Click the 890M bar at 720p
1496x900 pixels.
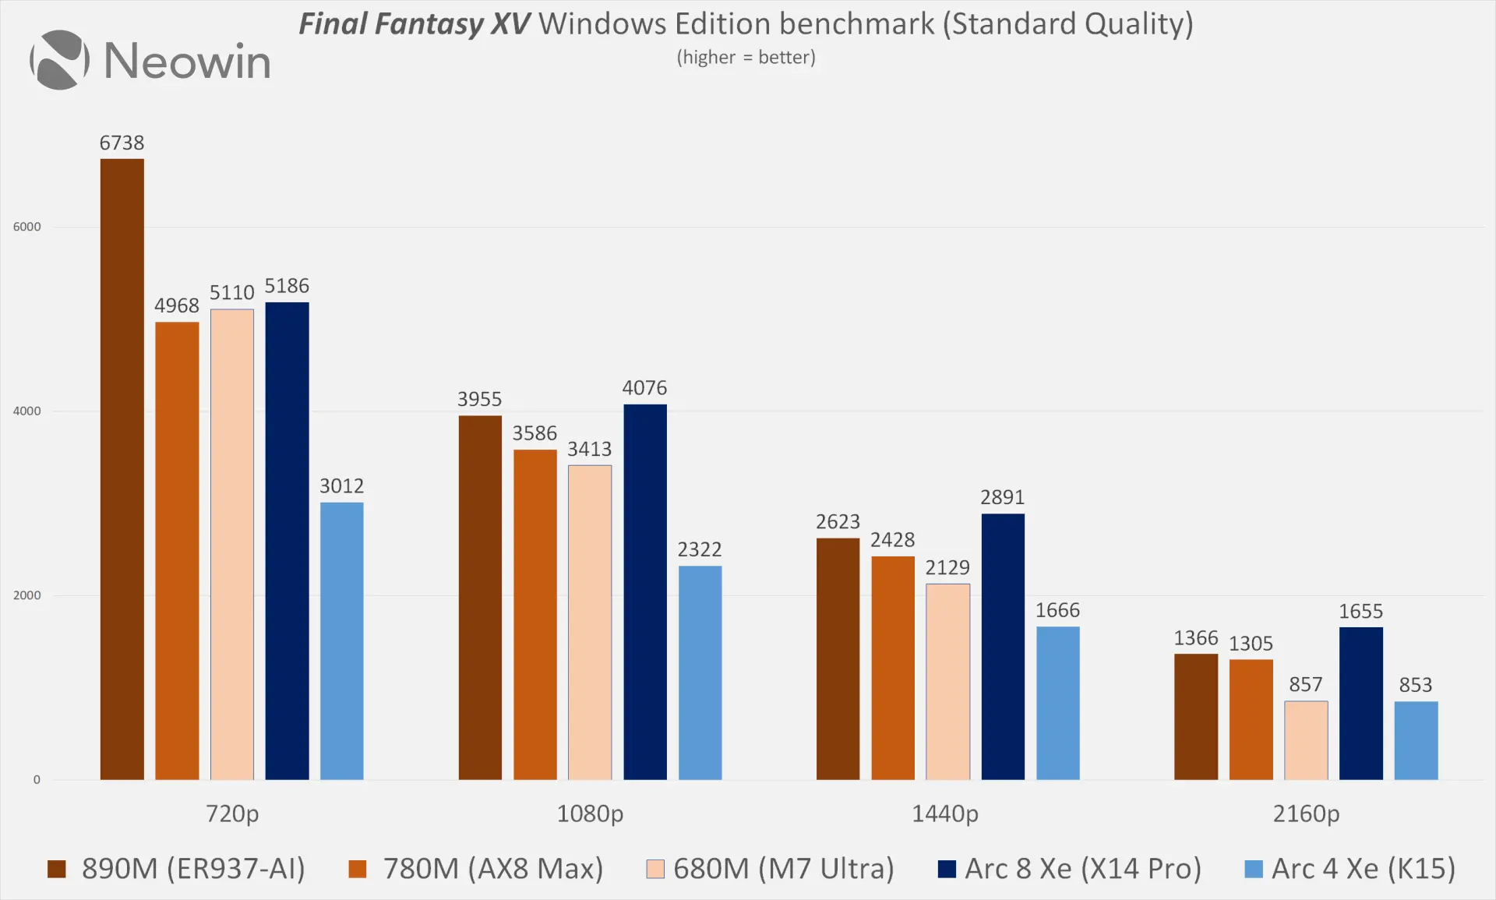pyautogui.click(x=122, y=468)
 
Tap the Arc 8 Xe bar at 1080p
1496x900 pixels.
pyautogui.click(x=644, y=592)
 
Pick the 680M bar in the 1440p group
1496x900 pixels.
pyautogui.click(x=947, y=682)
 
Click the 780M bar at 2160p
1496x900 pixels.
pyautogui.click(x=1251, y=719)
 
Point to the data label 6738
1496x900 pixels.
pyautogui.click(x=122, y=143)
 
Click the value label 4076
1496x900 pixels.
pyautogui.click(x=644, y=387)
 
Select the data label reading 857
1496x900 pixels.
pyautogui.click(x=1305, y=684)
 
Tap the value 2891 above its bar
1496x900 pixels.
pyautogui.click(x=1002, y=497)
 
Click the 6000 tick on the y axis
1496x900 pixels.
pyautogui.click(x=26, y=227)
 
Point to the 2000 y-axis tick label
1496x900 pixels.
pyautogui.click(x=26, y=595)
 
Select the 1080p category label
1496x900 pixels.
pyautogui.click(x=590, y=814)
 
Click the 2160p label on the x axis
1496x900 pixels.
pyautogui.click(x=1306, y=814)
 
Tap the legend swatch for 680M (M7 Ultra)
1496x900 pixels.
pyautogui.click(x=655, y=869)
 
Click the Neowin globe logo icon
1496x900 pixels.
pyautogui.click(x=59, y=60)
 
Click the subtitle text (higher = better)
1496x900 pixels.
pyautogui.click(x=746, y=58)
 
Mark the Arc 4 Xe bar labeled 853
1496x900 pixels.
pyautogui.click(x=1416, y=740)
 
